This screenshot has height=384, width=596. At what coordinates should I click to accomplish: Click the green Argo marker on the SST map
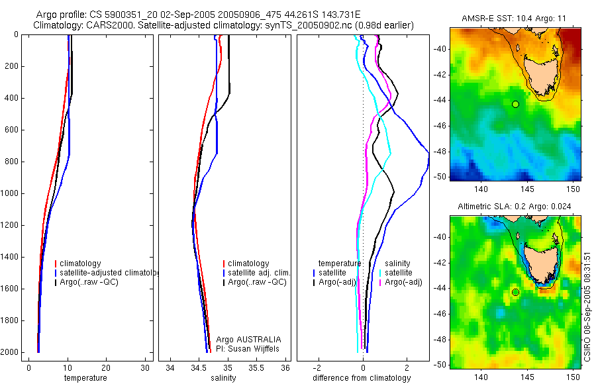pos(515,104)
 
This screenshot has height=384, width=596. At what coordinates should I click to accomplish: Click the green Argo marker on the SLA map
pos(515,292)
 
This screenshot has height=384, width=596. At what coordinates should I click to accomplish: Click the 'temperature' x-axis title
pos(85,378)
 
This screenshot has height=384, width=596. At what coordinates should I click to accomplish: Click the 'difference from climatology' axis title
pos(362,378)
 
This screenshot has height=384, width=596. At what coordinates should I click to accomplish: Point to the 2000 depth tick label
pos(9,352)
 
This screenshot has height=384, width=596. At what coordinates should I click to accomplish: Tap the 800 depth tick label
pos(11,162)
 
